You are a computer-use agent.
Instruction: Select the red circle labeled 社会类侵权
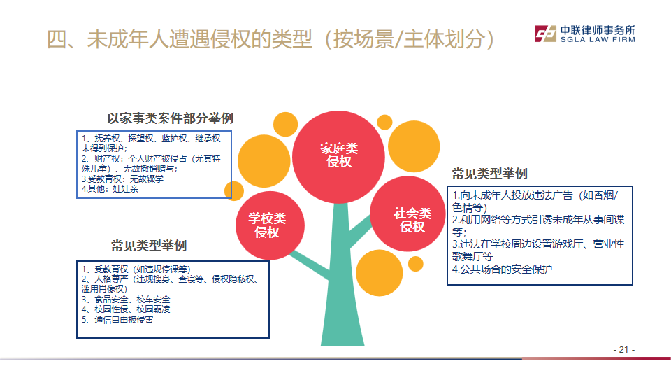point(412,220)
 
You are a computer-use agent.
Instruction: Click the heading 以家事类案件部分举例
point(170,118)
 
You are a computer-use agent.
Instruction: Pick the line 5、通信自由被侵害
point(117,319)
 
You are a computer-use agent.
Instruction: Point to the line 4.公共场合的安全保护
point(503,269)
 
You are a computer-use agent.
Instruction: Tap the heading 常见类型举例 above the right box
point(489,173)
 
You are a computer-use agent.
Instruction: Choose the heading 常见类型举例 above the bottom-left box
point(149,246)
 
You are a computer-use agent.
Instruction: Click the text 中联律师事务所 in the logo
point(598,30)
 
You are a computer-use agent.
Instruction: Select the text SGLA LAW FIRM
point(593,41)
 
